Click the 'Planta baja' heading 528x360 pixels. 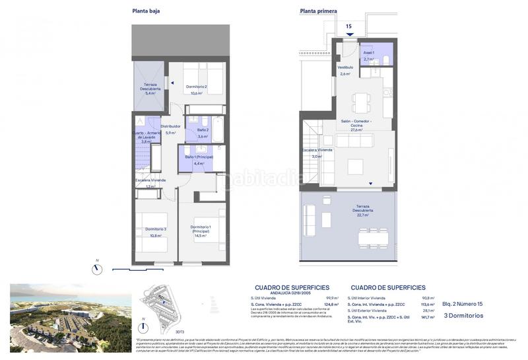[x=147, y=11]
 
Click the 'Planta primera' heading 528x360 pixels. [x=318, y=11]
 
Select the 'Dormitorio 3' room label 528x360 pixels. [x=156, y=229]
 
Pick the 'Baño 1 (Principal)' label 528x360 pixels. [x=199, y=157]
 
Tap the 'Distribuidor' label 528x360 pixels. [x=170, y=126]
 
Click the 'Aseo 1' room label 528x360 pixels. [x=369, y=53]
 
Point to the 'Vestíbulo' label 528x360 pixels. [x=346, y=67]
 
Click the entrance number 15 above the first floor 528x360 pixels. [x=349, y=26]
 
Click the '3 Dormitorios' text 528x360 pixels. [x=463, y=316]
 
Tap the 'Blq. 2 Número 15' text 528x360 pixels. [x=464, y=305]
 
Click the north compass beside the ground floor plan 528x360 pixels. [x=98, y=268]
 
